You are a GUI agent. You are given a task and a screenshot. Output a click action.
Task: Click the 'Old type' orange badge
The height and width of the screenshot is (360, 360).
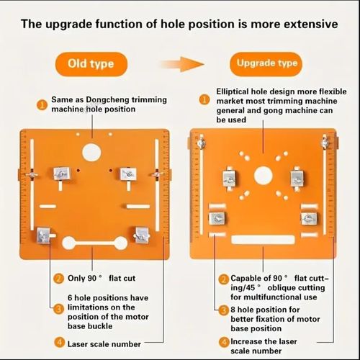[91, 64]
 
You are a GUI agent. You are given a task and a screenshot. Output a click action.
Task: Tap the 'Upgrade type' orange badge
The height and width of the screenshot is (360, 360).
[266, 64]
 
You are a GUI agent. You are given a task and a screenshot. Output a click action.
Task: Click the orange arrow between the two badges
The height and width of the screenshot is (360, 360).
[182, 64]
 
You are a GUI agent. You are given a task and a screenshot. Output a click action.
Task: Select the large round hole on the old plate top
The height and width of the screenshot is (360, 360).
[91, 153]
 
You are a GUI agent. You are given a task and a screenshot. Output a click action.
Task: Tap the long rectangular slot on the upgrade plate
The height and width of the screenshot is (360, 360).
[263, 240]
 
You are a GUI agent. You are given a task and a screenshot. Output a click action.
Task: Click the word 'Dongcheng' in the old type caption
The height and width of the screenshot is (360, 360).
[104, 100]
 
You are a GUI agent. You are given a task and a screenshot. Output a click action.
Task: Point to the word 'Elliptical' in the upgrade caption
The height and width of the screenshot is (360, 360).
[233, 91]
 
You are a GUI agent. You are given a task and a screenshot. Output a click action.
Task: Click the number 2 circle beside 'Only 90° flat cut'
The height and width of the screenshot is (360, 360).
[58, 279]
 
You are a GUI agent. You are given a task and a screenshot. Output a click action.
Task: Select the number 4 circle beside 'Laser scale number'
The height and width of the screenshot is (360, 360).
[59, 343]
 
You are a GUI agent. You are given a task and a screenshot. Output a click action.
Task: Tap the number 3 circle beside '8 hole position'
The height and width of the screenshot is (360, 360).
[224, 310]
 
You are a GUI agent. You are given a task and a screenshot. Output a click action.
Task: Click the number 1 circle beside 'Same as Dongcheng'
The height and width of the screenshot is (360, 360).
[42, 105]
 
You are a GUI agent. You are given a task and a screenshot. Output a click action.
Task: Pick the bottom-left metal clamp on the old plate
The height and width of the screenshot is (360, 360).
[43, 235]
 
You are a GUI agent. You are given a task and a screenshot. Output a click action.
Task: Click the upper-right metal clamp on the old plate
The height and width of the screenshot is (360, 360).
[128, 174]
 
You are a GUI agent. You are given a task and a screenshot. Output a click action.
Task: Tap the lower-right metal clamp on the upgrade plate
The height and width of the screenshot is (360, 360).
[309, 218]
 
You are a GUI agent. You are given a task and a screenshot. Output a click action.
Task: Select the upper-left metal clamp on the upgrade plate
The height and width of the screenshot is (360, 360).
[230, 179]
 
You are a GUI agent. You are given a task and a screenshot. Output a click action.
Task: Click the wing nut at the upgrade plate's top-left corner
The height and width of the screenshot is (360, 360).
[201, 143]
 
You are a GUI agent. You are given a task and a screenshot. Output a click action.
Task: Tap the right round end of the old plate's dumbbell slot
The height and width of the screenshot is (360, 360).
[120, 243]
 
